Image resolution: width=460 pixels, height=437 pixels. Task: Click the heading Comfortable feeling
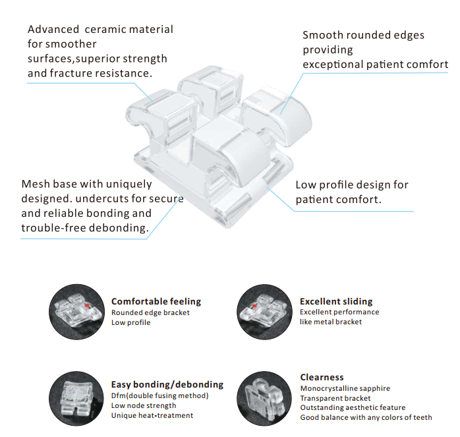156,301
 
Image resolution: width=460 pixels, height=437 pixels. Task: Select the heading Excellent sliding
336,301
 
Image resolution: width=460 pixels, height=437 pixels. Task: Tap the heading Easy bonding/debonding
167,384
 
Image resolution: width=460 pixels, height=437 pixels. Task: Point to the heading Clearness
322,377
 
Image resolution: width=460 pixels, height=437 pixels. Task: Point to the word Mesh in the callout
36,184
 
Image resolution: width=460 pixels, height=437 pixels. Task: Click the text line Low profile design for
352,185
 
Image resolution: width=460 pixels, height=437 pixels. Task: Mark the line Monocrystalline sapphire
345,388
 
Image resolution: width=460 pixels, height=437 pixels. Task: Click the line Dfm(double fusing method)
159,395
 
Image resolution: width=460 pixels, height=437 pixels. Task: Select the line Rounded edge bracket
150,312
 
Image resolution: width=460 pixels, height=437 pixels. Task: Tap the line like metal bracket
331,322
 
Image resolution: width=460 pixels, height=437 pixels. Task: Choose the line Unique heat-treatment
152,415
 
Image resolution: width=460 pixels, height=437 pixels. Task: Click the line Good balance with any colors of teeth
366,417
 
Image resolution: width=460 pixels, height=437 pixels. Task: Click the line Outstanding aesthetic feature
353,407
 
